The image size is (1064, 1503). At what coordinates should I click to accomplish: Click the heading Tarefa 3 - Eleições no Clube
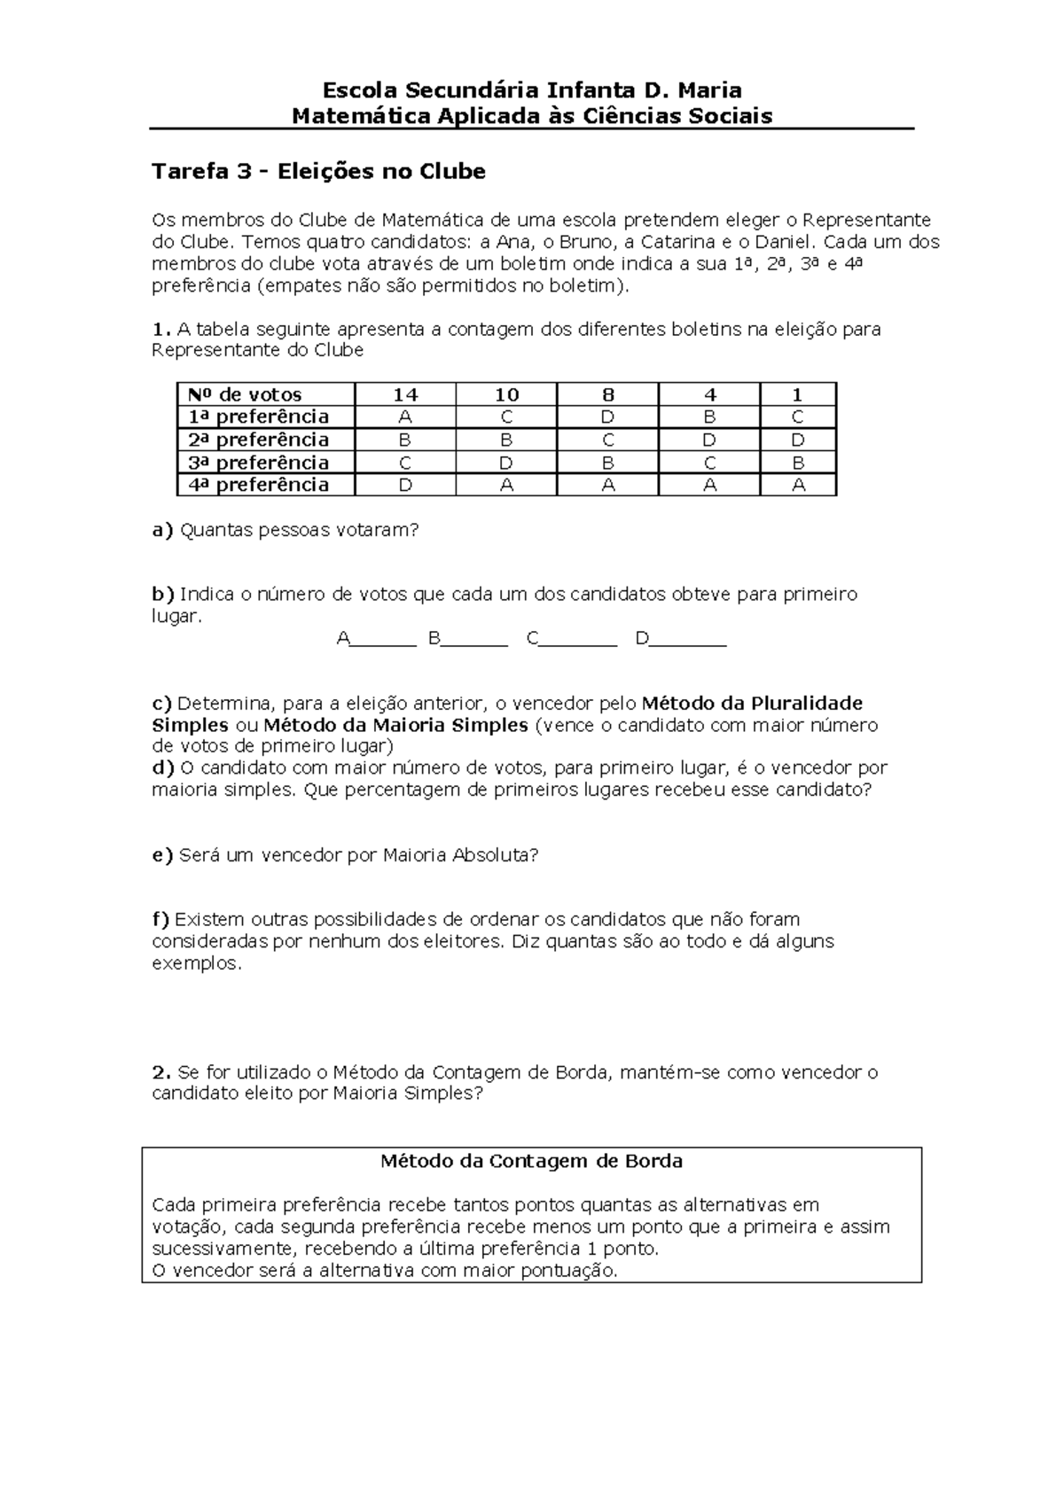(318, 171)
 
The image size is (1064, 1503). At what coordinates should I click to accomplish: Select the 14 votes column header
(405, 395)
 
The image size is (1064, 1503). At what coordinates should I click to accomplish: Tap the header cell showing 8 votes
(607, 395)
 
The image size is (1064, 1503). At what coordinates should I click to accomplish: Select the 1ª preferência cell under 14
(405, 417)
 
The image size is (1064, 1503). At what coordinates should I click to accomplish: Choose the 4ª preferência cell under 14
(405, 485)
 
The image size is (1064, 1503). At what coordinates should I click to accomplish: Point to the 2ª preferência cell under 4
(709, 440)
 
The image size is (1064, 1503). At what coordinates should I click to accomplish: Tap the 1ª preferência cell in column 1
(798, 417)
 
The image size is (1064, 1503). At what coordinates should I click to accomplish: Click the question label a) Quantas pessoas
(162, 530)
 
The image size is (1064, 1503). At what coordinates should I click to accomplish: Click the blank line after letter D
(688, 643)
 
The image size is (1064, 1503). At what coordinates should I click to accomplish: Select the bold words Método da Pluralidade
(751, 704)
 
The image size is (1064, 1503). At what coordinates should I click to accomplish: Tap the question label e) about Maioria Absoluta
(162, 855)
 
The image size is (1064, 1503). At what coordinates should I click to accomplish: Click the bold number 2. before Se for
(160, 1072)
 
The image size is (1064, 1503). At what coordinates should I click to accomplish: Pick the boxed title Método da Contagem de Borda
(531, 1161)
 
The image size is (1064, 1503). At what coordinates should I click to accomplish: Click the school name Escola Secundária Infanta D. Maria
(531, 90)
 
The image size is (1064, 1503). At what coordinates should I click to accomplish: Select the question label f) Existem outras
(160, 919)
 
